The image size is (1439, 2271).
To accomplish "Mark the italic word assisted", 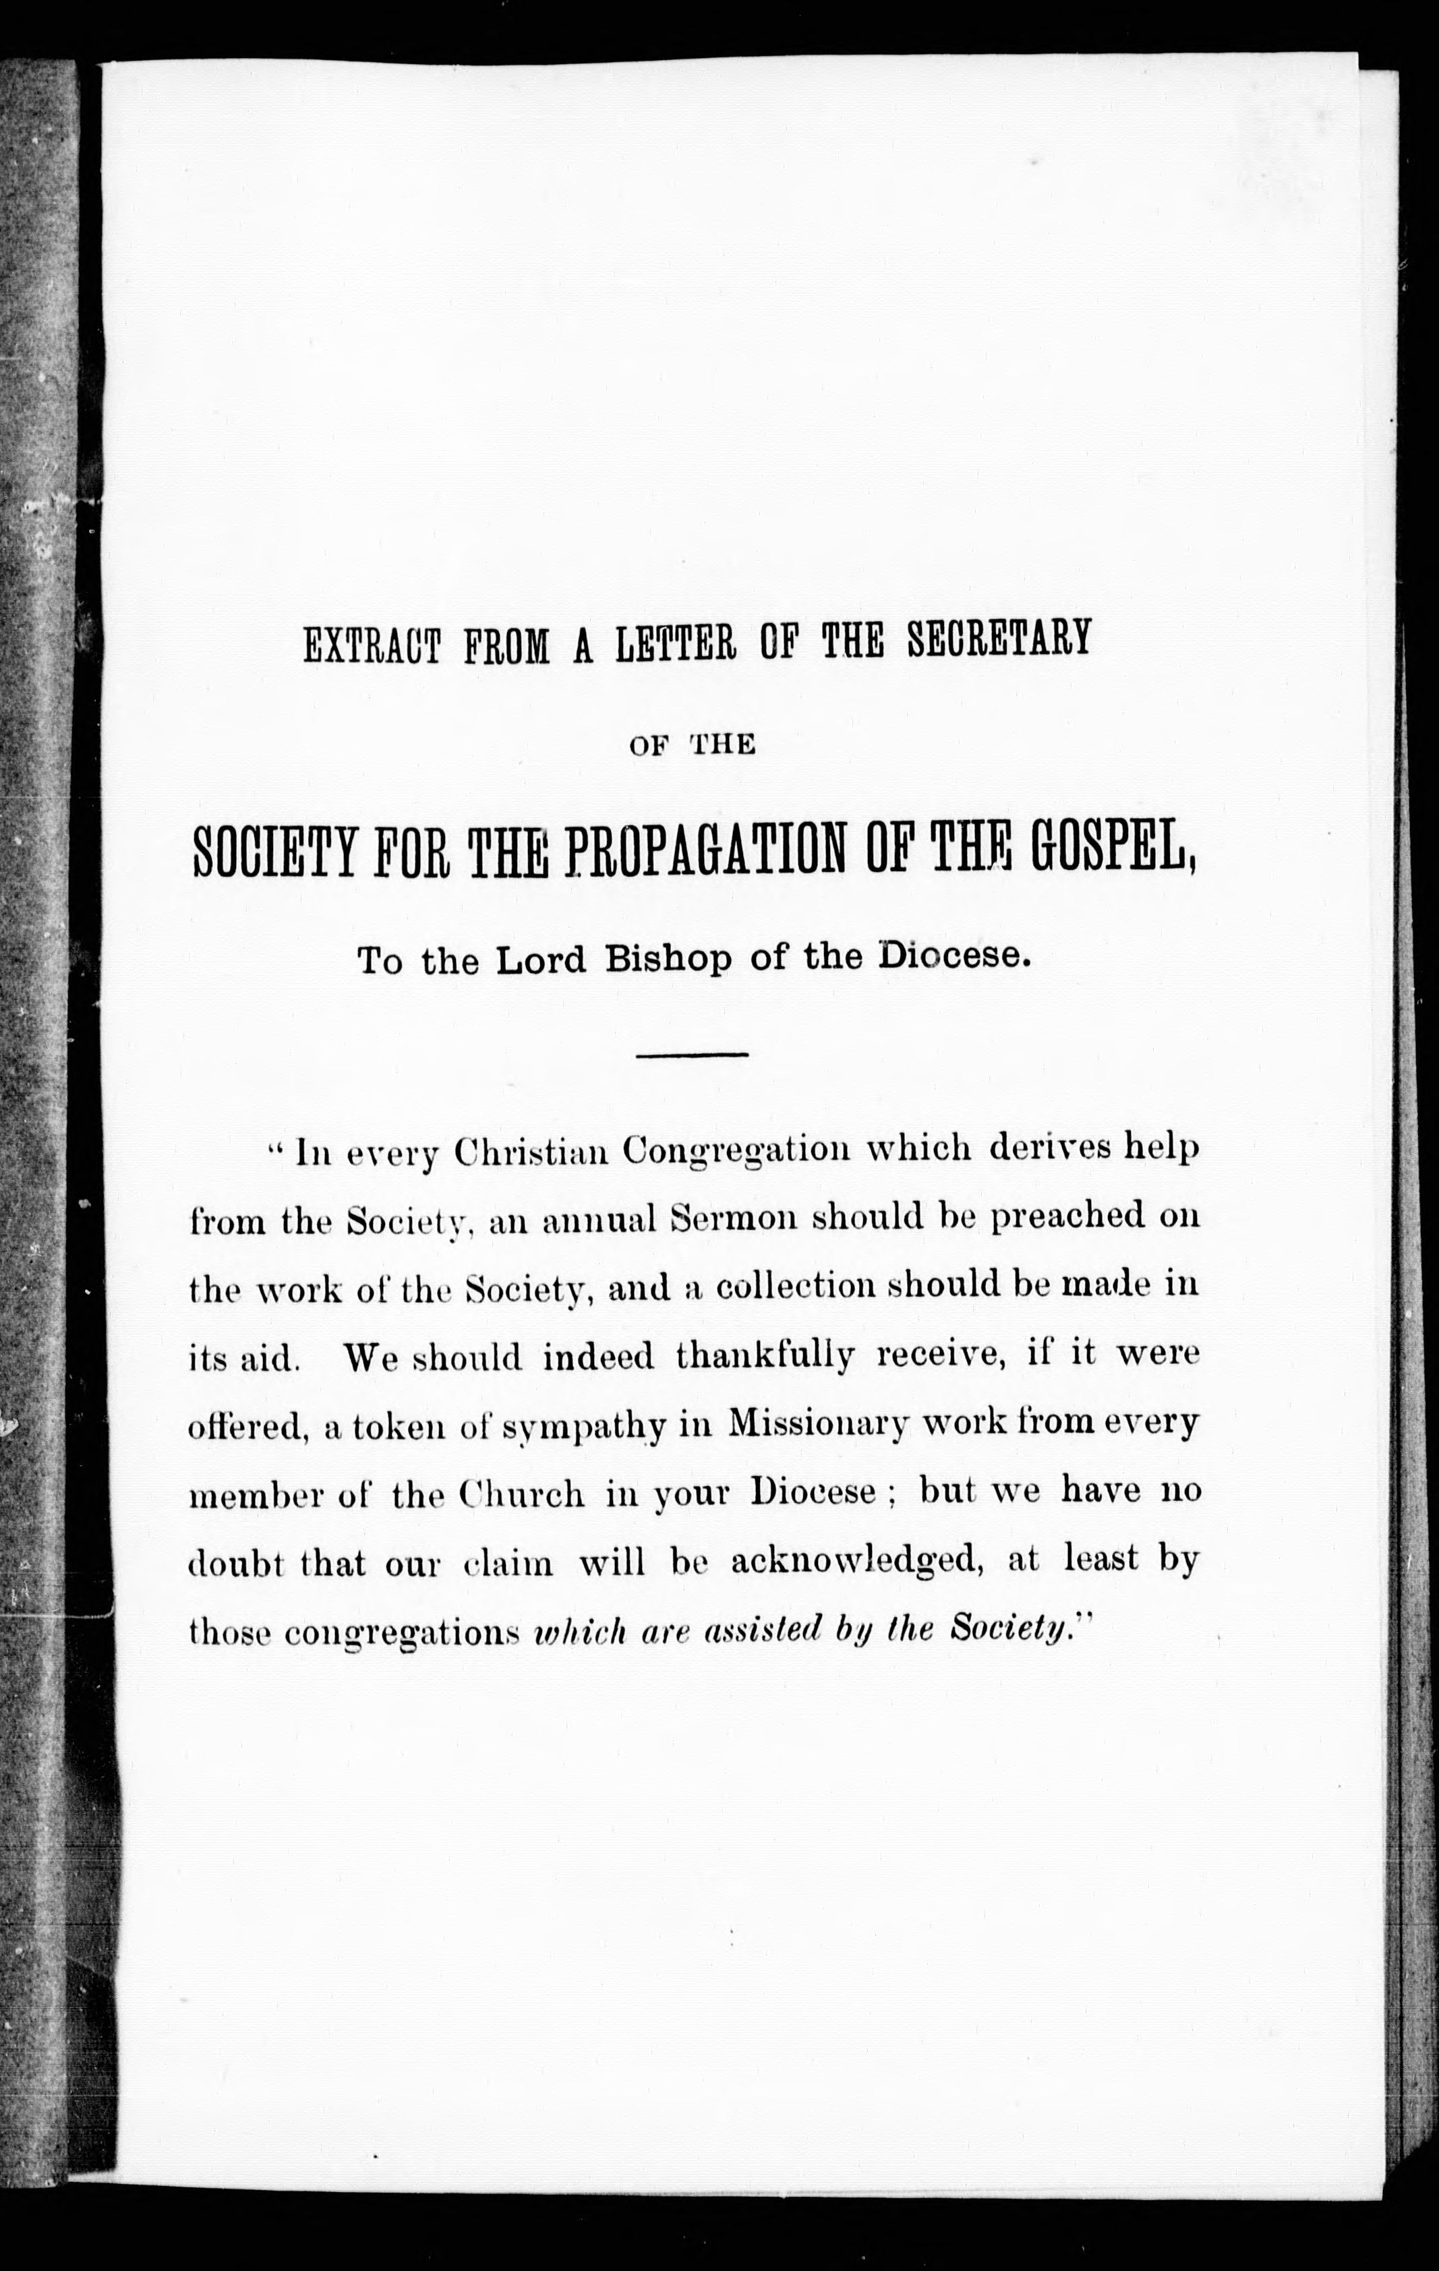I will click(x=760, y=1630).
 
